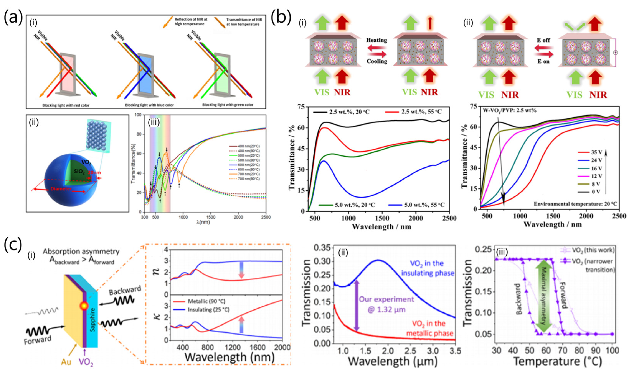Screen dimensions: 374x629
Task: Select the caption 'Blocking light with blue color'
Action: pos(149,105)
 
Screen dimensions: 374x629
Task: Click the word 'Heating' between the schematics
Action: pos(376,40)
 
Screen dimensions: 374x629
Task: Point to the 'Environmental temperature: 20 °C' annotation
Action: pos(575,204)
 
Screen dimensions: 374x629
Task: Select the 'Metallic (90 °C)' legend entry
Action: pos(206,301)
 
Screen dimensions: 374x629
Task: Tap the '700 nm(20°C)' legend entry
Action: pos(248,174)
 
